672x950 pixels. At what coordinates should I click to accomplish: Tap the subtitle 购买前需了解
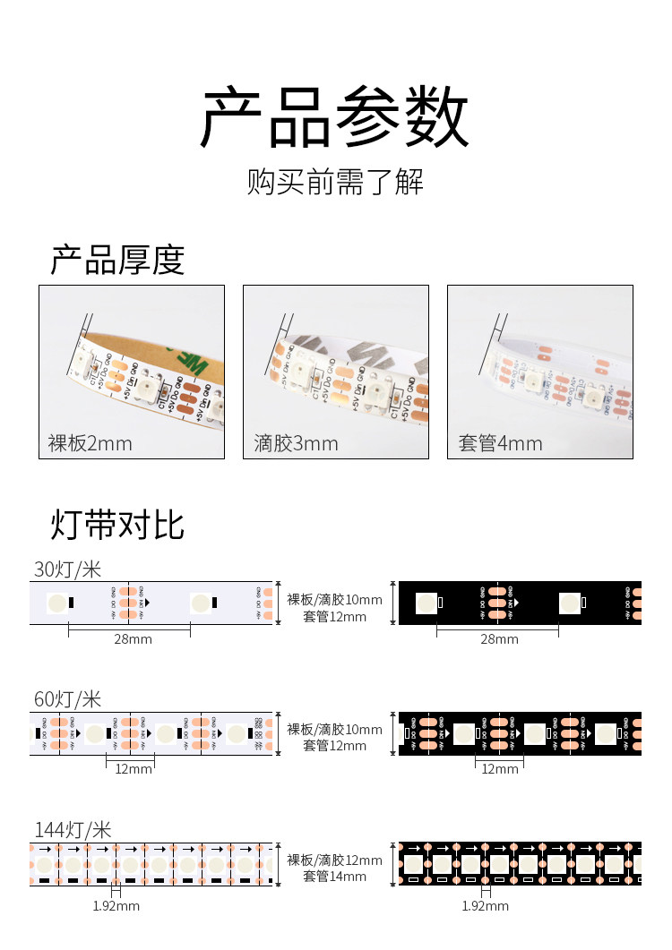pyautogui.click(x=335, y=182)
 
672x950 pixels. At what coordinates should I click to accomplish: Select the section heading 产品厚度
pyautogui.click(x=117, y=260)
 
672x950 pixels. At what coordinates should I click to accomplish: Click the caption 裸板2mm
pyautogui.click(x=90, y=443)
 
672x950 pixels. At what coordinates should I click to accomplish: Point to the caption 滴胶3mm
pyautogui.click(x=296, y=443)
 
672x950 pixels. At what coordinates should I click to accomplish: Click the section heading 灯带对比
pyautogui.click(x=117, y=525)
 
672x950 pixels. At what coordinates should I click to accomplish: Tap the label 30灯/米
pyautogui.click(x=68, y=569)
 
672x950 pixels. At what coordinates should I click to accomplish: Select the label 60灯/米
pyautogui.click(x=68, y=699)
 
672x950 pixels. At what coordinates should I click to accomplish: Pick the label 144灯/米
pyautogui.click(x=73, y=830)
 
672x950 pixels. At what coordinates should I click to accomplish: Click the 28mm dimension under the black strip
pyautogui.click(x=499, y=638)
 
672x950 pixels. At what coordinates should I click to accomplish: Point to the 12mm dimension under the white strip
pyautogui.click(x=134, y=768)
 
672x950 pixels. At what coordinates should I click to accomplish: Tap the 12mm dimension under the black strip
pyautogui.click(x=500, y=768)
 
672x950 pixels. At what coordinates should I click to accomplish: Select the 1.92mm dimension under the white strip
pyautogui.click(x=116, y=905)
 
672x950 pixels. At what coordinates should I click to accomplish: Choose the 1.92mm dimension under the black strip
pyautogui.click(x=486, y=905)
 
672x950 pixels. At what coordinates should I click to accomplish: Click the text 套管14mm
pyautogui.click(x=334, y=877)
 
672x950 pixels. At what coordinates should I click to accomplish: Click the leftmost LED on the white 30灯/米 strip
pyautogui.click(x=56, y=603)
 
